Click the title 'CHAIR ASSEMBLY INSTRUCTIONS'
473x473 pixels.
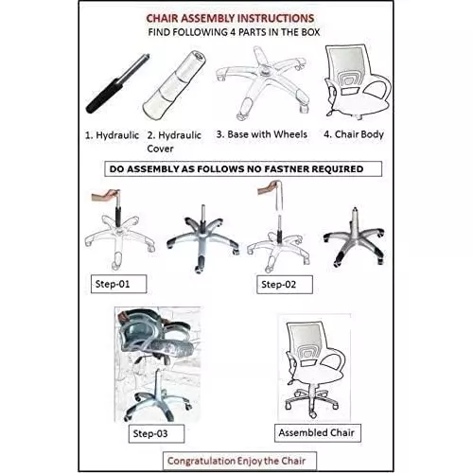pos(230,18)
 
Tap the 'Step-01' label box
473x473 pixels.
pos(118,284)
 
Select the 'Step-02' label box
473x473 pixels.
pos(285,285)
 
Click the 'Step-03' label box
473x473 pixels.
pos(156,433)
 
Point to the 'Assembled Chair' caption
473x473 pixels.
pos(317,432)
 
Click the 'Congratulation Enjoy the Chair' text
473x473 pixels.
pos(236,461)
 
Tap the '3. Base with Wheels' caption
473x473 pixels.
pos(261,134)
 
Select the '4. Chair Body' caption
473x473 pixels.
pos(354,134)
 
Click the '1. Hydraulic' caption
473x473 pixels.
pos(112,135)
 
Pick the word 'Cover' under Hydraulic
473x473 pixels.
pos(160,149)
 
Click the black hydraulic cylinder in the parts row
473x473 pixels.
pos(117,83)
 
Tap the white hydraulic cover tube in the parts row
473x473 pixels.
pos(174,85)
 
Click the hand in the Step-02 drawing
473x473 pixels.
pos(270,187)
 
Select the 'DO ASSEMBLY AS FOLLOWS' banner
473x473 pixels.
pos(243,169)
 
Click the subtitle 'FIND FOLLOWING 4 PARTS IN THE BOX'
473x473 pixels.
pos(234,32)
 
